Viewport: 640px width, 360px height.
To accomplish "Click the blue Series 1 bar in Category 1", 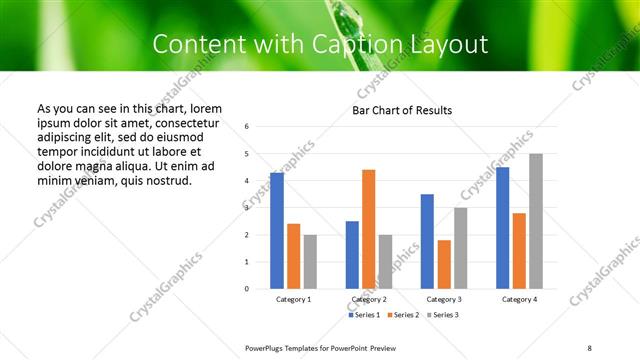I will tap(277, 231).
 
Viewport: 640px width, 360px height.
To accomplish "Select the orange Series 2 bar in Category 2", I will tap(368, 229).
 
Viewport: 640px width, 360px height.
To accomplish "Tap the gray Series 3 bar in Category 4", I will tap(536, 221).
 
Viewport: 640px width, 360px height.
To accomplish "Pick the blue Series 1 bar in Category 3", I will tap(427, 241).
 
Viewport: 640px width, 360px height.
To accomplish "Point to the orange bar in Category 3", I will tap(444, 264).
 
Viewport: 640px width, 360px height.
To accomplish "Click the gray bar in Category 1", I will tap(310, 261).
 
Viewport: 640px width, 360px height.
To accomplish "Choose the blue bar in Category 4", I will tap(503, 228).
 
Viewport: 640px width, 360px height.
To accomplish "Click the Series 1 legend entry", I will tap(365, 315).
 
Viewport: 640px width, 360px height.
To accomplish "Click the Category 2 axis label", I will tap(368, 300).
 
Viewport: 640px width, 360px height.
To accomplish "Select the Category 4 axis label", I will tap(519, 300).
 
